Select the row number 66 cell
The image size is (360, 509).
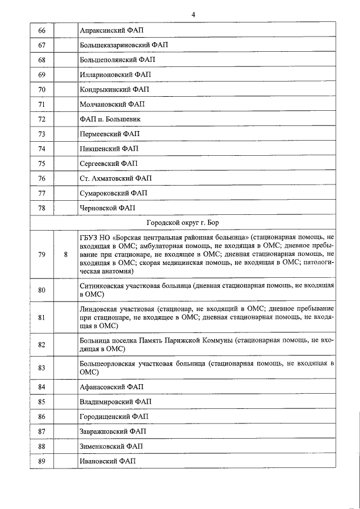tap(42, 29)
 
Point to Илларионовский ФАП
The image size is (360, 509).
tap(116, 74)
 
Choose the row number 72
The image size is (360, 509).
tap(42, 119)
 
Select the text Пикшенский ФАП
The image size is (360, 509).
tap(109, 149)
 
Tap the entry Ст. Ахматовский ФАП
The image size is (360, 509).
tap(116, 179)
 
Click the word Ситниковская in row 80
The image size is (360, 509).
tap(104, 286)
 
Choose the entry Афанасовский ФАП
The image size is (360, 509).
tap(112, 387)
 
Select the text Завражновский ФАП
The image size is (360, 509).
tap(113, 431)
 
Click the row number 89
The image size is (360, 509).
tap(42, 461)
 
